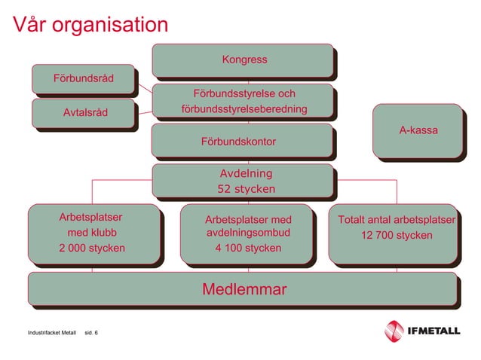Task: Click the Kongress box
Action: [243, 59]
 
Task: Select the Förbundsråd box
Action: [83, 80]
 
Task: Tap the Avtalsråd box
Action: [84, 113]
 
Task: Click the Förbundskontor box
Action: [242, 142]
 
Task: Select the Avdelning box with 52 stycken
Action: [243, 181]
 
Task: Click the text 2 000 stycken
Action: [92, 248]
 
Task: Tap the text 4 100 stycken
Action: [248, 248]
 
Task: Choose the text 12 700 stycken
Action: [396, 236]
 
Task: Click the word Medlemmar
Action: [244, 289]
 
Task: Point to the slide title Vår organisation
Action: [90, 25]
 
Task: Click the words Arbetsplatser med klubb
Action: [92, 226]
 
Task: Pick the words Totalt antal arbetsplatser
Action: [396, 220]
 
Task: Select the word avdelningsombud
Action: [248, 233]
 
